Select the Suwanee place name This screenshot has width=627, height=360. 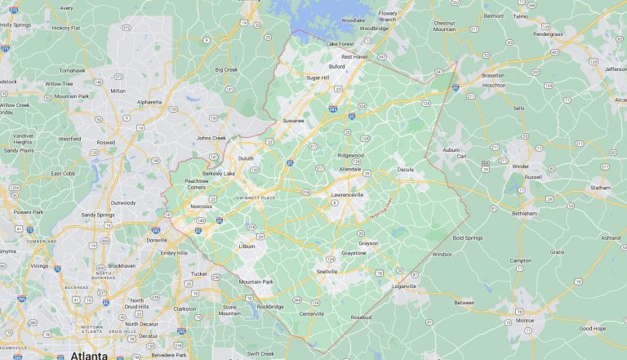tap(293, 121)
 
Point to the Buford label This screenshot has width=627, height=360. tap(336, 66)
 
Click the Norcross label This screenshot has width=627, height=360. tap(201, 207)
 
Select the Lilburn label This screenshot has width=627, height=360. tap(246, 246)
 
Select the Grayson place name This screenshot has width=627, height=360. tap(368, 242)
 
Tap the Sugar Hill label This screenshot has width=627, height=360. tap(317, 78)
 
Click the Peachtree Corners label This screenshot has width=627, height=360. tap(196, 184)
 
